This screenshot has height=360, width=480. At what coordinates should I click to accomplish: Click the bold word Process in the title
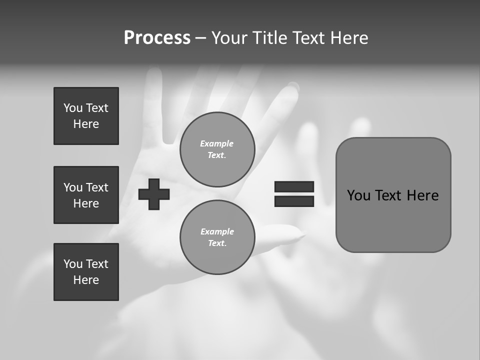(157, 38)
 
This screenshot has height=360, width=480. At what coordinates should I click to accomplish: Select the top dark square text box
(86, 116)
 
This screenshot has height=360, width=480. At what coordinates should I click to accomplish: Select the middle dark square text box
(86, 195)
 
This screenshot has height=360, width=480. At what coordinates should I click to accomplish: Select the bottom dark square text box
(86, 272)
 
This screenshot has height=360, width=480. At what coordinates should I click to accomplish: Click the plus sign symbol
(153, 194)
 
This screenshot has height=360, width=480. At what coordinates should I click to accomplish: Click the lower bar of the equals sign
(294, 201)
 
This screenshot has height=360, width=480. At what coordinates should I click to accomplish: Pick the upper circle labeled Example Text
(217, 149)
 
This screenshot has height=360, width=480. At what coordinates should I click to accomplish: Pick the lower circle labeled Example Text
(217, 237)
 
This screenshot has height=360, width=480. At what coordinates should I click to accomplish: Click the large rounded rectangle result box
(393, 220)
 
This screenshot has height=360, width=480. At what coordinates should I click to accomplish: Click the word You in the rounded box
(358, 195)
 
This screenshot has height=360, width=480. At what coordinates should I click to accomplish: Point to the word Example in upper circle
(216, 143)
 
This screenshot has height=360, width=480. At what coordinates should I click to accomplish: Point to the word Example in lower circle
(216, 231)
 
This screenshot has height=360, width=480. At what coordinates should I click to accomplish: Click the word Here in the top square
(86, 124)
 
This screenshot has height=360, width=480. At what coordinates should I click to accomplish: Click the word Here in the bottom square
(86, 280)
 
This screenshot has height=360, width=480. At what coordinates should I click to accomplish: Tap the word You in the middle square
(73, 187)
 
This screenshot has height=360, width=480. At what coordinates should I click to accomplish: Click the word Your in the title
(229, 38)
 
